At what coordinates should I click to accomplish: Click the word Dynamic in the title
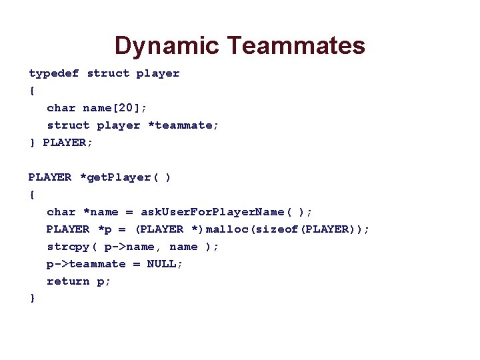click(x=167, y=46)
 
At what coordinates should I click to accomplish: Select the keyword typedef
click(x=54, y=73)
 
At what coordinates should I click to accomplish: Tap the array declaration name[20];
click(x=113, y=108)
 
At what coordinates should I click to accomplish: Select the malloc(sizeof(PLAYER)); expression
click(x=288, y=229)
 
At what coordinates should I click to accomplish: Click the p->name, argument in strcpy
click(x=133, y=247)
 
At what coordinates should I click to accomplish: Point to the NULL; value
click(x=165, y=264)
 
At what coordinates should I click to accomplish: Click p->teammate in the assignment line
click(x=86, y=264)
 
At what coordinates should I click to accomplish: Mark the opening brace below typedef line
click(x=32, y=91)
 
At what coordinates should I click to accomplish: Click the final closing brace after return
click(x=32, y=299)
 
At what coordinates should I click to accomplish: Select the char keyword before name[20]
click(x=61, y=108)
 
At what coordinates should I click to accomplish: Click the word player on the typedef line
click(x=158, y=73)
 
